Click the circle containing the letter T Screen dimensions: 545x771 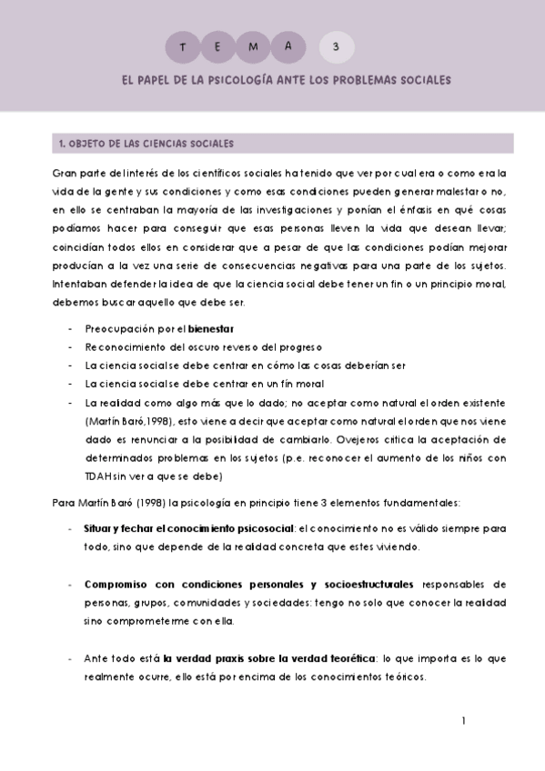[x=185, y=45]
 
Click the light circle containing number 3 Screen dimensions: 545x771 [x=338, y=45]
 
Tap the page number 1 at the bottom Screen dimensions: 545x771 [x=463, y=721]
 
